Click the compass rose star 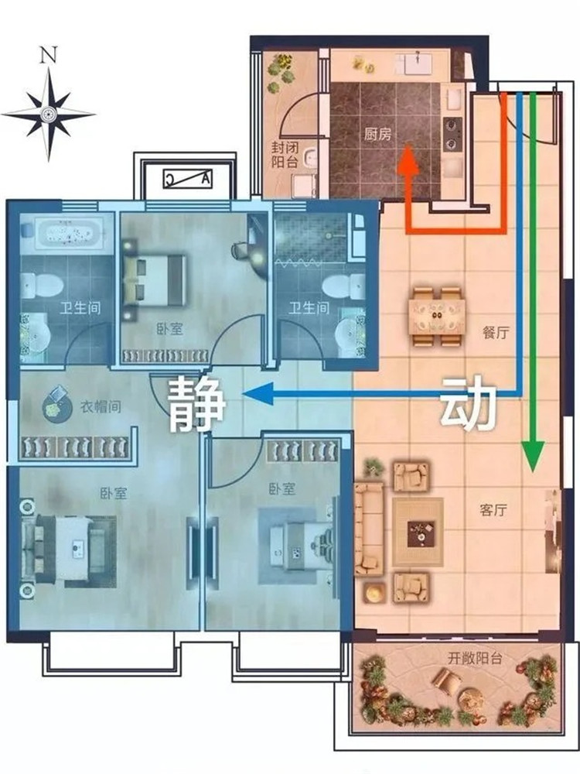tap(48, 114)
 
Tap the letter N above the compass tap(49, 54)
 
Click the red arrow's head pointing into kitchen tap(408, 163)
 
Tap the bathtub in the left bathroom tap(63, 231)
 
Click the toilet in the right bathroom tap(339, 286)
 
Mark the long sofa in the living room tap(369, 528)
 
